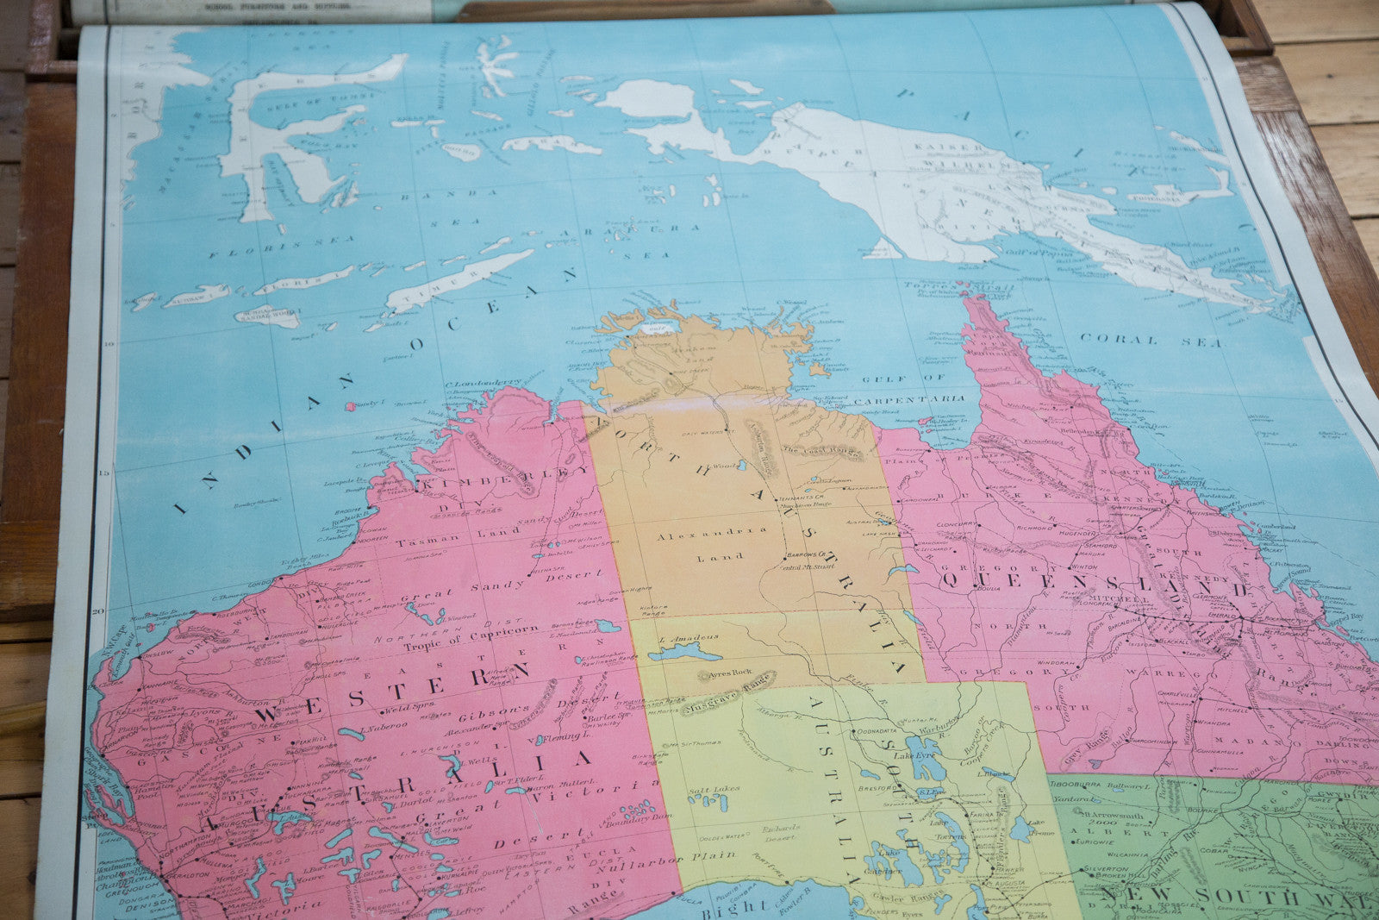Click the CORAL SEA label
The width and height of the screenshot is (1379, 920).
click(1150, 341)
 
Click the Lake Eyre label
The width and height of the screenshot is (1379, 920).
click(914, 755)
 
